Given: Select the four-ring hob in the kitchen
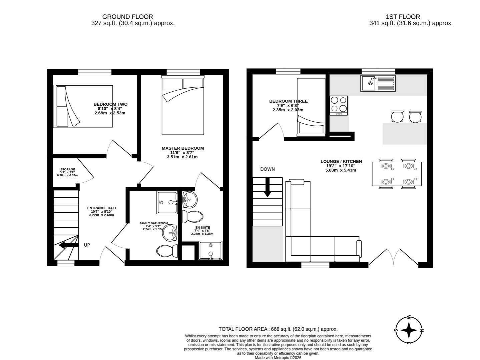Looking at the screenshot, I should [339, 105].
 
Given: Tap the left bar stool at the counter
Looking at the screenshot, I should [397, 116].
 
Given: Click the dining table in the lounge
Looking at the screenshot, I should [397, 174].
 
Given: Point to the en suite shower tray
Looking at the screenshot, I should [210, 251].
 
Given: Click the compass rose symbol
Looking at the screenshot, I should [409, 330].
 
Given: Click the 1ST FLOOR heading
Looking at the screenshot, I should [403, 17].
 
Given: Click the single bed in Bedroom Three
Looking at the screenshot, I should [311, 107].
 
